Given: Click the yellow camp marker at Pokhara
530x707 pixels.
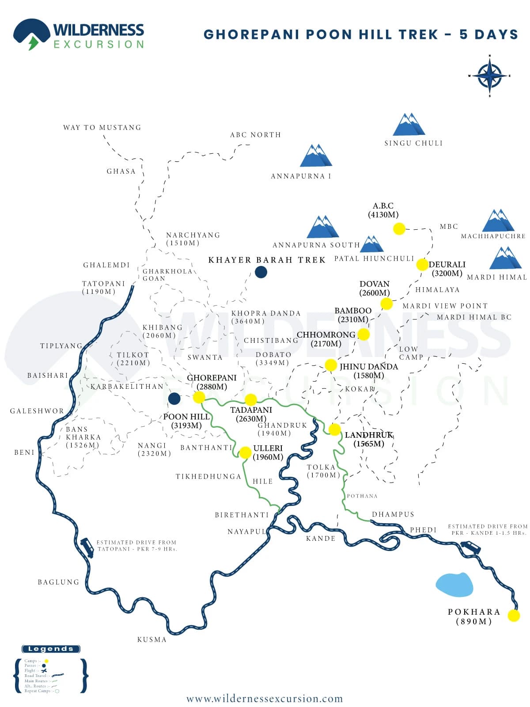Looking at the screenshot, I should click(513, 616).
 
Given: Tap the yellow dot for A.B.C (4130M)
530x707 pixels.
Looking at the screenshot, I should click(399, 228).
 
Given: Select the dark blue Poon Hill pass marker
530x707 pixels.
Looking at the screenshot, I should click(174, 398).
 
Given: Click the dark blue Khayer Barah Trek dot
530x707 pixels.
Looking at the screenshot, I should click(261, 272).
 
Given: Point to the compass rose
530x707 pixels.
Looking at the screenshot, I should click(489, 76).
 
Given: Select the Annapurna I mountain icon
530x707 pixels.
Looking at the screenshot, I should click(316, 156).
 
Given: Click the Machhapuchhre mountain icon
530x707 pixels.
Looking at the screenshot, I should click(498, 220).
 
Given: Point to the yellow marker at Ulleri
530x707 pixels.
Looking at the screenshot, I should click(245, 452).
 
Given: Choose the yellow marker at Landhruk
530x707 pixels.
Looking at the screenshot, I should click(334, 429).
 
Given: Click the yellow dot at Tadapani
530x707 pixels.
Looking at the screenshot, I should click(251, 399).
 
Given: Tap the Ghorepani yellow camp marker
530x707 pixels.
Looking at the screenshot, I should click(199, 397).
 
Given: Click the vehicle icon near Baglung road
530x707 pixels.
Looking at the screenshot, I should click(87, 547).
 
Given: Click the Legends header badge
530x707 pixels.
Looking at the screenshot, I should click(51, 649).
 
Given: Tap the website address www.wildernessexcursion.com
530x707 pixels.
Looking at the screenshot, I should click(265, 699).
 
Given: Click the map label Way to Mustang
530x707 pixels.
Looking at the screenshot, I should click(102, 127).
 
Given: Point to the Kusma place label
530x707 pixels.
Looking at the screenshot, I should click(151, 639).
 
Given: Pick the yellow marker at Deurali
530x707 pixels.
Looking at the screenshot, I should click(422, 264).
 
